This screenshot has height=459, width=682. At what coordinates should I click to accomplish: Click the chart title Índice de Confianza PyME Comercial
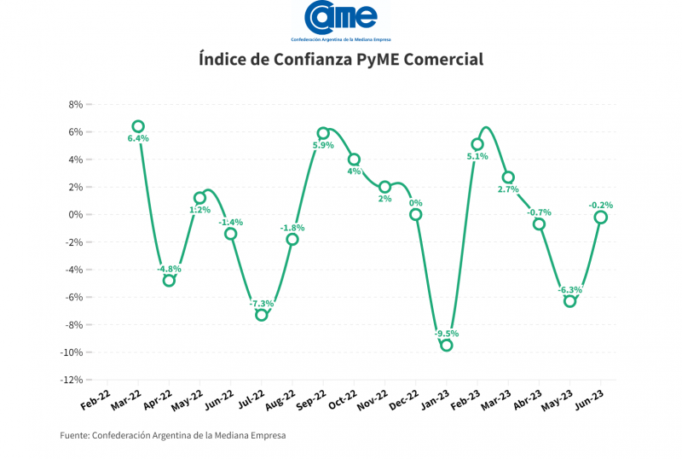click(341, 60)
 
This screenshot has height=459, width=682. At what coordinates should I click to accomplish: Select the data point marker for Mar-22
click(138, 126)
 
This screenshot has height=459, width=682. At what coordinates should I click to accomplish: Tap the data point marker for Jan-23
click(446, 345)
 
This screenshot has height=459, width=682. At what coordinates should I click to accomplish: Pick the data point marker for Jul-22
click(262, 315)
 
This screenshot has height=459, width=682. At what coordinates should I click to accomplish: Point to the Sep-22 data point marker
click(323, 133)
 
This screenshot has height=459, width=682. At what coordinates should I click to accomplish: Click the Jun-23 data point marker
click(601, 217)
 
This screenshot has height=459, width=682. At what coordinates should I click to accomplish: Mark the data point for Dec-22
click(416, 214)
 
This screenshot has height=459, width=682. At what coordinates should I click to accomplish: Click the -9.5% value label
click(447, 334)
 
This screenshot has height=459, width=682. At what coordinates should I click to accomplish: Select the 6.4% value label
click(138, 138)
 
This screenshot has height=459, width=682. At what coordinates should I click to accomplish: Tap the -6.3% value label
click(570, 290)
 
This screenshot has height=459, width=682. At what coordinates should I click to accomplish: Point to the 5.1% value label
click(477, 156)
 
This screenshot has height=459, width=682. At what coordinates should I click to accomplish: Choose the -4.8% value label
click(169, 270)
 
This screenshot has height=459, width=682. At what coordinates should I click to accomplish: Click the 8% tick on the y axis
click(74, 104)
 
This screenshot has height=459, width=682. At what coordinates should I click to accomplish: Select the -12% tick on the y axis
click(71, 380)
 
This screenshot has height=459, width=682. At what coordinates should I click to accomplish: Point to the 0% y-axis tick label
click(74, 214)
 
